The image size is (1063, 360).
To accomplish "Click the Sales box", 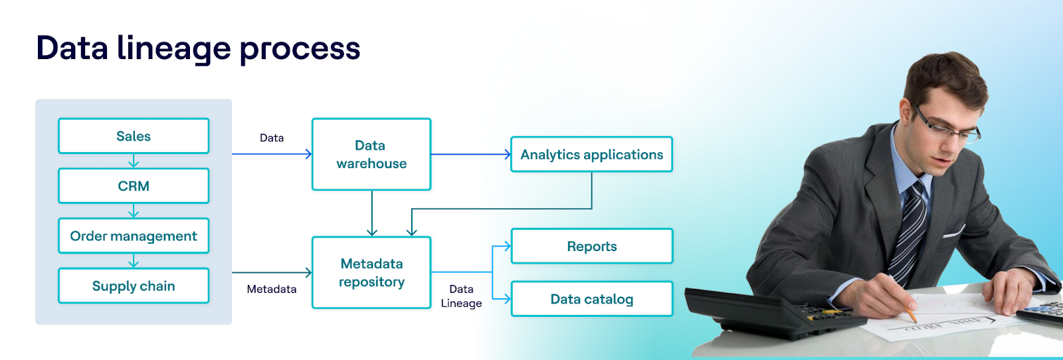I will [134, 136].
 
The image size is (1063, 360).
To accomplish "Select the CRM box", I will [134, 186].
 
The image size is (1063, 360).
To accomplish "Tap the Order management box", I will [134, 236].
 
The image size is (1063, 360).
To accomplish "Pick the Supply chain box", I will [134, 286].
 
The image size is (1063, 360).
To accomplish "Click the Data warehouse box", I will [371, 154].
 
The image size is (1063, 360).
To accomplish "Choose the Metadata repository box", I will [371, 272].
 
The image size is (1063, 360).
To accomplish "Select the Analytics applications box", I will [591, 154].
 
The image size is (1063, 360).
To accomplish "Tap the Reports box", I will [591, 246].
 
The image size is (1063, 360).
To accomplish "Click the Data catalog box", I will [591, 299].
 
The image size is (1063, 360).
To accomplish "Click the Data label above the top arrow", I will [272, 138].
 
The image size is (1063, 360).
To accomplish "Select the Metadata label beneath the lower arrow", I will [272, 289].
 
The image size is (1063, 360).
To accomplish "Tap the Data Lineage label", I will [461, 296].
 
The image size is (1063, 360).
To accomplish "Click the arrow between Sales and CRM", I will [134, 161].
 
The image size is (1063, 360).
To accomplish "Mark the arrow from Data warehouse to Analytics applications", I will [470, 154].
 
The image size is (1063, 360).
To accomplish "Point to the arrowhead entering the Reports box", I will [507, 246].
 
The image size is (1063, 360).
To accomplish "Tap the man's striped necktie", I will [911, 226].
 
